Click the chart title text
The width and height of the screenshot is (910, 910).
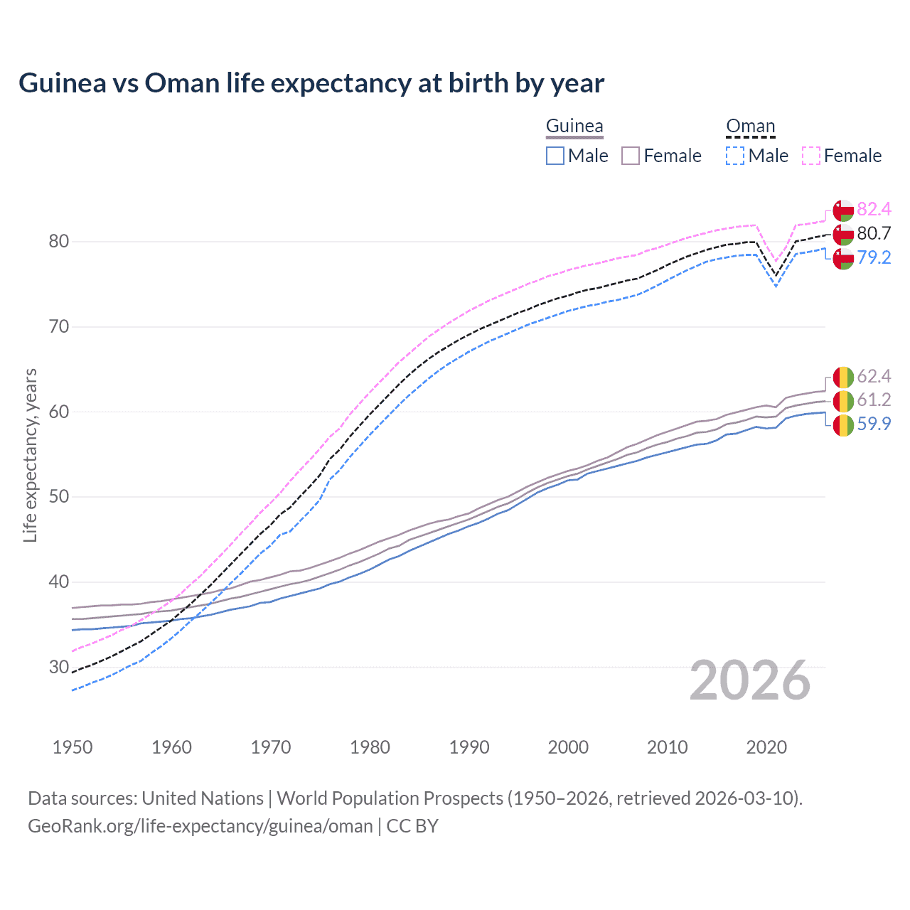311,83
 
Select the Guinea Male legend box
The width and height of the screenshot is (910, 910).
555,156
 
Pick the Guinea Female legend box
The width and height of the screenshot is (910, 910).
631,156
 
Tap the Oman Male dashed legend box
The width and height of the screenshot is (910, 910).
735,156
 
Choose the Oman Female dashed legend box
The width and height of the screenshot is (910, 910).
811,156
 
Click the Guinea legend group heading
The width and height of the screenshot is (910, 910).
574,127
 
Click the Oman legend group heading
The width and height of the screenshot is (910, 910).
750,127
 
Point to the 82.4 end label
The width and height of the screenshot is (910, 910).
874,209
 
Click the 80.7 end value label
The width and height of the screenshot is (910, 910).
874,233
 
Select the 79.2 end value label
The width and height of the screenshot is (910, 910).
874,257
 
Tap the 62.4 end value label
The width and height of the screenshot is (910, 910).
874,376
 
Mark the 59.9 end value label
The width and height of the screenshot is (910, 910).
874,424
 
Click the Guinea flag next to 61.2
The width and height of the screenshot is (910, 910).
843,400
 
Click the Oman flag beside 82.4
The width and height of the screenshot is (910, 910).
843,210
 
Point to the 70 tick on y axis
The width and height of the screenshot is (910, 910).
59,327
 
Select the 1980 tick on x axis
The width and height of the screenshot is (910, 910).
370,747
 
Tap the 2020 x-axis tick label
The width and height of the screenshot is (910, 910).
766,747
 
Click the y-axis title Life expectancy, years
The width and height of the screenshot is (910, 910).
31,455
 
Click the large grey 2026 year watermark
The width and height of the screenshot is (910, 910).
750,681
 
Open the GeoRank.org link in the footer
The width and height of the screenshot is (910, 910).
200,826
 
